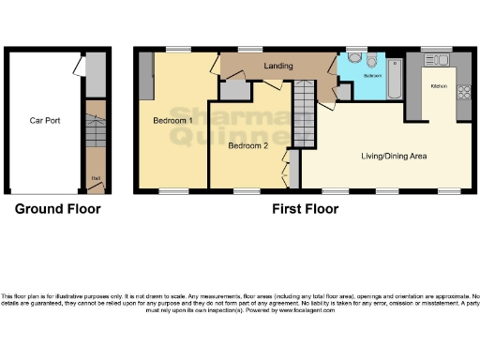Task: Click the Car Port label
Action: pyautogui.click(x=45, y=121)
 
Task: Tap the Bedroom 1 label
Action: pyautogui.click(x=172, y=121)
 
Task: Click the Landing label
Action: pyautogui.click(x=277, y=67)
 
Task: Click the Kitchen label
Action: pyautogui.click(x=438, y=86)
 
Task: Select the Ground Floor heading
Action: pyautogui.click(x=57, y=209)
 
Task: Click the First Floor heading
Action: pyautogui.click(x=305, y=209)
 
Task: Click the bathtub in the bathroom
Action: pyautogui.click(x=394, y=79)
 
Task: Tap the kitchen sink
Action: pyautogui.click(x=438, y=60)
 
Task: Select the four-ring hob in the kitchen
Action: pyautogui.click(x=463, y=93)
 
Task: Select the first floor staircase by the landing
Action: pyautogui.click(x=305, y=113)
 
